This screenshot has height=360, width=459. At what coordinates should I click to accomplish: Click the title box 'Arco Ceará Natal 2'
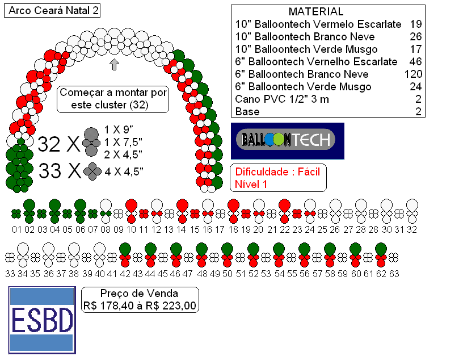(52, 11)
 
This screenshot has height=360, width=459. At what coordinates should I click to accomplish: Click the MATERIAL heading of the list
(316, 12)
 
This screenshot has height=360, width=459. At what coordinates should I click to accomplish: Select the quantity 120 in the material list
(413, 74)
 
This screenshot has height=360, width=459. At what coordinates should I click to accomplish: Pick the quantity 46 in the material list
(416, 61)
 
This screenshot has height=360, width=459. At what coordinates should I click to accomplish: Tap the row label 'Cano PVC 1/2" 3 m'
(282, 99)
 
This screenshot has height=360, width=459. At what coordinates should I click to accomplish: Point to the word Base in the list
(247, 112)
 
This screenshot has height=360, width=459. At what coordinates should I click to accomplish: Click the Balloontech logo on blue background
(288, 141)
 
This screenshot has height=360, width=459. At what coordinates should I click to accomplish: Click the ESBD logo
(42, 320)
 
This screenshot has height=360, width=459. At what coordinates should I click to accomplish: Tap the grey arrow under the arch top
(114, 64)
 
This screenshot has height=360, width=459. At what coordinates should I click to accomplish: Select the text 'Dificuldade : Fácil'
(277, 171)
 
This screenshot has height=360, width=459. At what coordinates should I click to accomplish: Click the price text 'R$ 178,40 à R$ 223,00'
(140, 306)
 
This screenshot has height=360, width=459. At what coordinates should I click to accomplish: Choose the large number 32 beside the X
(49, 144)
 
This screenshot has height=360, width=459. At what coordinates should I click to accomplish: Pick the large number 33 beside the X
(50, 170)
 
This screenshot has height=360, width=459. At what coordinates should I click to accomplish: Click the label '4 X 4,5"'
(124, 171)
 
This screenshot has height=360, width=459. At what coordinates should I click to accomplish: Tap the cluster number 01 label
(16, 229)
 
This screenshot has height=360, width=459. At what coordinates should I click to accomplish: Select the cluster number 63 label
(394, 274)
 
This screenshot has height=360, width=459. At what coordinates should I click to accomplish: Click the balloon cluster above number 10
(131, 211)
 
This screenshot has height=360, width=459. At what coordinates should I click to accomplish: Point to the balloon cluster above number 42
(125, 255)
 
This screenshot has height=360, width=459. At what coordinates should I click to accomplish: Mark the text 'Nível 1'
(251, 184)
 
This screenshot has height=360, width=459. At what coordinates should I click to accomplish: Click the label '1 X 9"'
(119, 129)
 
